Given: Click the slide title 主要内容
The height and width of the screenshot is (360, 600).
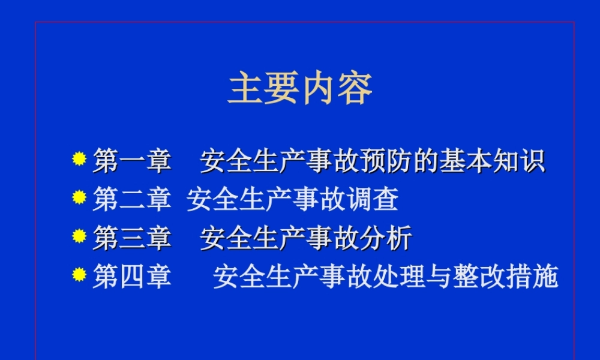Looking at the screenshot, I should [x=300, y=89].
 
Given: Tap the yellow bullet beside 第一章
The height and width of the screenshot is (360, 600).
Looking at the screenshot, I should [x=79, y=159].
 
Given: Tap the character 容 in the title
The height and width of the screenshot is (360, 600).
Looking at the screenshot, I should [x=355, y=89].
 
